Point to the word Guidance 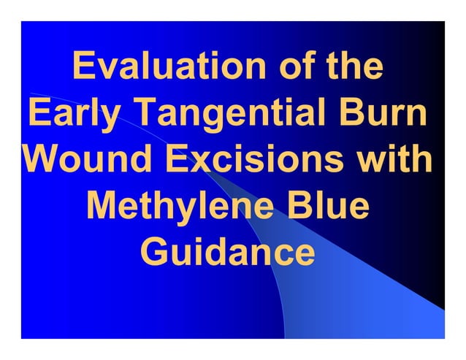pyautogui.click(x=228, y=253)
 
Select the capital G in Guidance pyautogui.click(x=156, y=253)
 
